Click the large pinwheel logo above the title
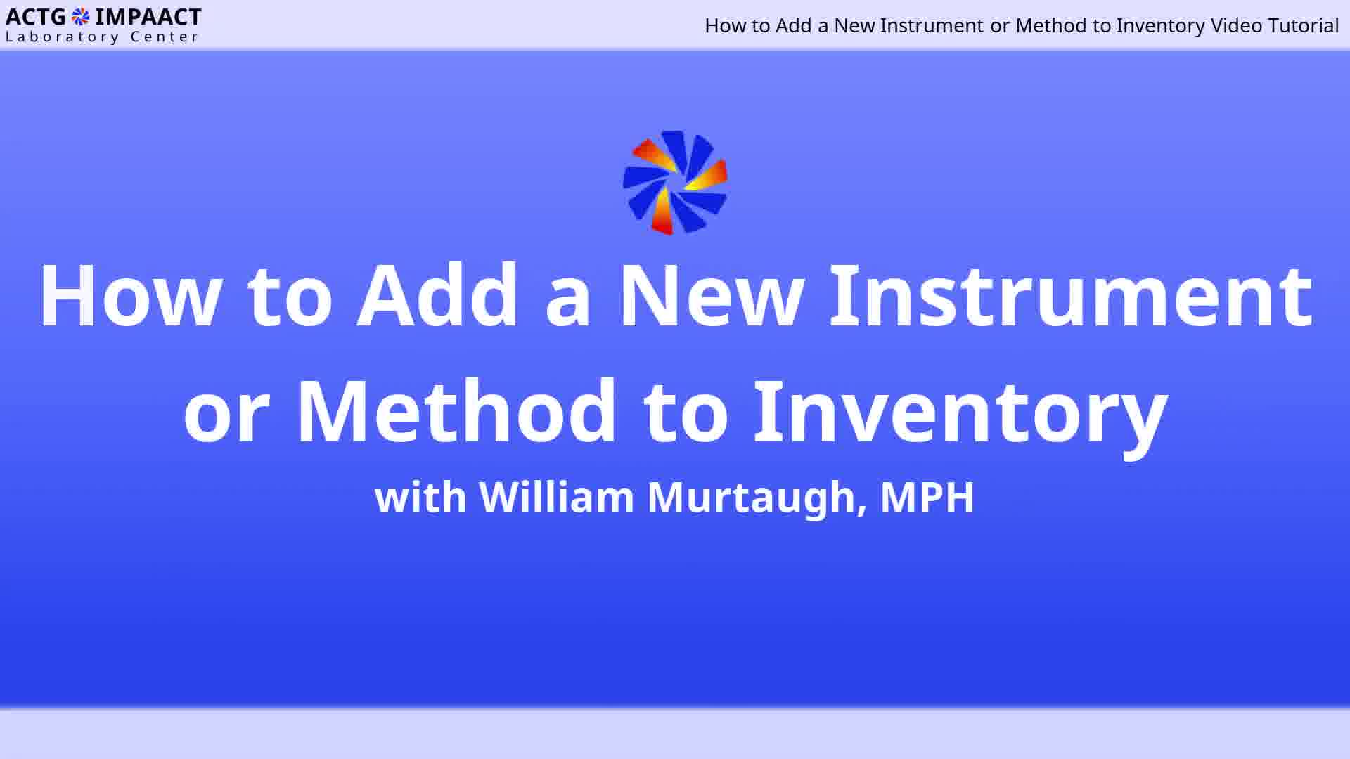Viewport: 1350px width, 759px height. (x=675, y=183)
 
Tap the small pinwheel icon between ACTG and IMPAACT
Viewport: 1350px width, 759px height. (x=81, y=17)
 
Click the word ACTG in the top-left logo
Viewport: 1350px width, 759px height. (x=36, y=17)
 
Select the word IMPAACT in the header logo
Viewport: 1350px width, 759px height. (x=148, y=17)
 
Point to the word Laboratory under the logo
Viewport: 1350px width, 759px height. (x=63, y=37)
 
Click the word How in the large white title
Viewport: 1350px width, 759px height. (x=131, y=296)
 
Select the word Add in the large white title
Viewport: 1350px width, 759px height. (x=438, y=296)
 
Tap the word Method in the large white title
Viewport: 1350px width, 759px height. (x=457, y=411)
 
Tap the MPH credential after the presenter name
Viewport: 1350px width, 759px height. (x=927, y=498)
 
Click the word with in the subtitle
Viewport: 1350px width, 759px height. (x=421, y=497)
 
